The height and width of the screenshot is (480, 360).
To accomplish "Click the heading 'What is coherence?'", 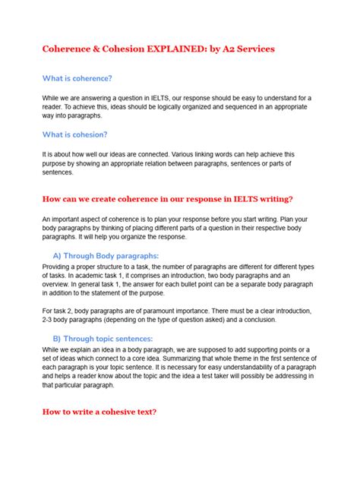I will pos(77,77).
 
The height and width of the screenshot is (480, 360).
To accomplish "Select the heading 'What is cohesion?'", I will pos(75,134).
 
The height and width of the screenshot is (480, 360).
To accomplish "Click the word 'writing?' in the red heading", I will pos(273,199).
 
